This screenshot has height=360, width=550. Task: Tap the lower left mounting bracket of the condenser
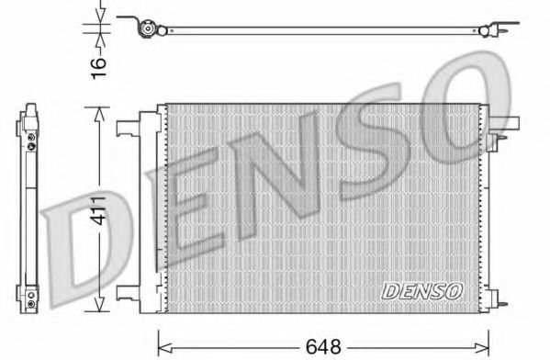click(129, 297)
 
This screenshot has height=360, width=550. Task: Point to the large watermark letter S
click(386, 138)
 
